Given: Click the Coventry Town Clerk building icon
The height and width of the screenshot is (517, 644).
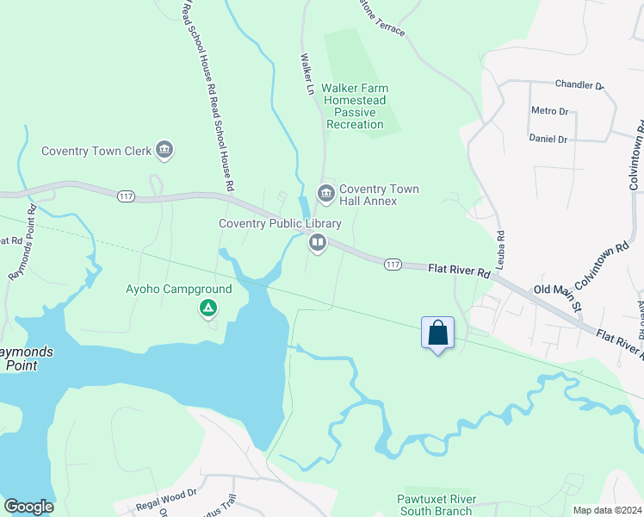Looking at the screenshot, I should pos(165,152).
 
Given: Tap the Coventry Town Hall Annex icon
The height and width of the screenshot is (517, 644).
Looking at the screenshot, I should pos(325,191).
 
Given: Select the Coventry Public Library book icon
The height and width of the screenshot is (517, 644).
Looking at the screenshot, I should pos(317,244).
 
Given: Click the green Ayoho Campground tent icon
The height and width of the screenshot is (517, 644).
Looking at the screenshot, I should pos(207,308).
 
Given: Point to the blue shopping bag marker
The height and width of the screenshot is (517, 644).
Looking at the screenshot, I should pos(437,333).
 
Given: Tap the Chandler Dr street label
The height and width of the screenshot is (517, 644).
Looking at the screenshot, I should pos(579,84).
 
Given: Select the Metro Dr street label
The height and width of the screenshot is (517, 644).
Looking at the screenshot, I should pos(550,111).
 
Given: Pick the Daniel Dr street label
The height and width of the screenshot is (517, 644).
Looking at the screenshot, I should pos(548,139).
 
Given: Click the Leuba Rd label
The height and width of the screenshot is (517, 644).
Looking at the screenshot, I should pos(499,246).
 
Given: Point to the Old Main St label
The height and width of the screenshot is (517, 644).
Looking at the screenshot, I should pos(559,290).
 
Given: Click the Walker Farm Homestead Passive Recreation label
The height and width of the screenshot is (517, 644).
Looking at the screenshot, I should pos(355,106).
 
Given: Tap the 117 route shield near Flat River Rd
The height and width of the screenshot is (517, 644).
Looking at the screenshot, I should pos(393,263).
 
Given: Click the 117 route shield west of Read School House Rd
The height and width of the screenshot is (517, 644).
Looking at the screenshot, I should pos(127,197).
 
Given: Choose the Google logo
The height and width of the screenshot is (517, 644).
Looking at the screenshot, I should pos(28,507).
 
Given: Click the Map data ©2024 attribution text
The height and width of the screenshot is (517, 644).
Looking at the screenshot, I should pos(606,510).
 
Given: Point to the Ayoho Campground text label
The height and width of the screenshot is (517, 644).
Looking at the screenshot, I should pos(179,289).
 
